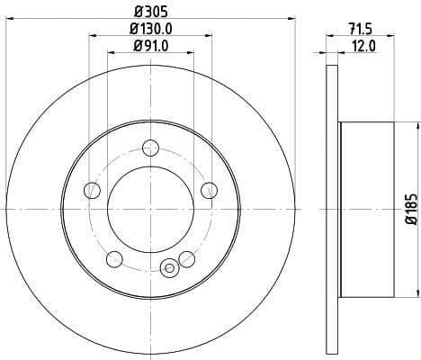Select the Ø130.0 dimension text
coord(150,30)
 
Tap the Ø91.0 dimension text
coord(150,47)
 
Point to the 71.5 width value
coord(361,31)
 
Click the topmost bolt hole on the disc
coord(150,148)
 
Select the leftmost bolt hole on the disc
coord(92,190)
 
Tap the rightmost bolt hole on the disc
coord(209,189)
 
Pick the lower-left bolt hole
coord(114,259)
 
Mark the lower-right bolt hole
coord(187,259)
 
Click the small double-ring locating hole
coord(167,266)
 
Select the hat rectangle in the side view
coord(367,209)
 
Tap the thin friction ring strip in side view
coord(334,209)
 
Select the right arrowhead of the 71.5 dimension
coord(393,38)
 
